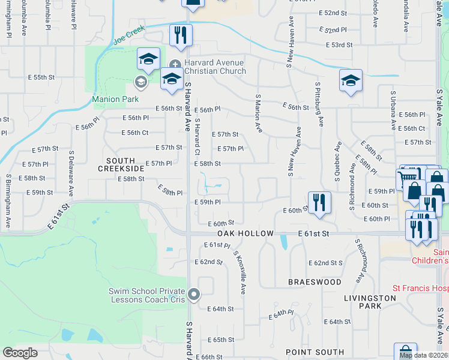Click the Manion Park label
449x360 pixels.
coord(115,99)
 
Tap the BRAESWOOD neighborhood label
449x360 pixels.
coord(315,281)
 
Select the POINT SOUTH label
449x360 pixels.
coord(315,352)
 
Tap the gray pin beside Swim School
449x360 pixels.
coord(193,295)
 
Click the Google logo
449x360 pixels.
coord(20,352)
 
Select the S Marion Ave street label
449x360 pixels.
coord(258,113)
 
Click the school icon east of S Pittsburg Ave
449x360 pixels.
coord(351,80)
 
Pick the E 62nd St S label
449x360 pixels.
coord(325,263)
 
